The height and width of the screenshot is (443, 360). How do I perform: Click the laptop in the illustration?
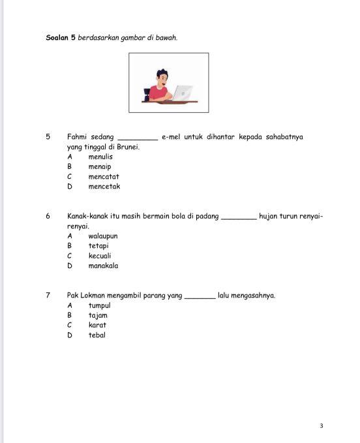coord(183,93)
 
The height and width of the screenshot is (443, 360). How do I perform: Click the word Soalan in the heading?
coord(57,37)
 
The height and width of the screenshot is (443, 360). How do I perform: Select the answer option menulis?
coord(100,157)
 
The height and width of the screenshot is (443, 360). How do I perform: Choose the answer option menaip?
coord(100,166)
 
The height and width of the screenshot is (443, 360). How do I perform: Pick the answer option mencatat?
coord(104,176)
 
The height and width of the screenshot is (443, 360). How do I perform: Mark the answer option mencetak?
coord(104,187)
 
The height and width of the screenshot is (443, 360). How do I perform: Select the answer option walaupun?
coord(103,236)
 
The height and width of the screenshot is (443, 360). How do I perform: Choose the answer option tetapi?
coord(98,246)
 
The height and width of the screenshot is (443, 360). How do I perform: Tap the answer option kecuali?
coord(100,256)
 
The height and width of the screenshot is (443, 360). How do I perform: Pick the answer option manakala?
coord(103,266)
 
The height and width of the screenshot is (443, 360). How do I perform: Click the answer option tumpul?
coord(99,305)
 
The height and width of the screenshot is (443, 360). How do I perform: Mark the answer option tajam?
coord(98,315)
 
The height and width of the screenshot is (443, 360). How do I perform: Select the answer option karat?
coord(97,325)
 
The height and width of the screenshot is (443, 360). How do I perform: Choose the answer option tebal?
coord(97,335)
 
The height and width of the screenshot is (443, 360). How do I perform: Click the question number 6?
coord(48,216)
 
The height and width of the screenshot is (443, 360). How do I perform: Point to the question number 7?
coord(48,296)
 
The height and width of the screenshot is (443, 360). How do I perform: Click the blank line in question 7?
coord(200,297)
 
